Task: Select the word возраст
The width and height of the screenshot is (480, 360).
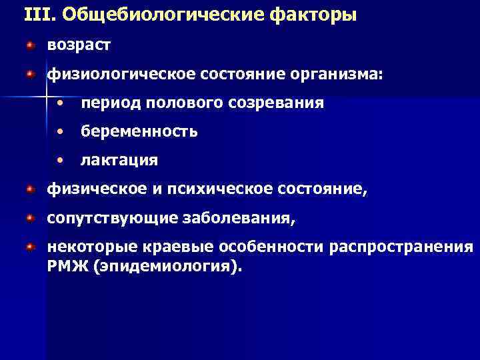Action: coord(79,46)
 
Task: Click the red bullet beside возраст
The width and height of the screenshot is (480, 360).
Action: coord(30,45)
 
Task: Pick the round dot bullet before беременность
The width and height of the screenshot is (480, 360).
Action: coord(61,132)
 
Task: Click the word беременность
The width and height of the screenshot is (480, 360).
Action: coord(139,132)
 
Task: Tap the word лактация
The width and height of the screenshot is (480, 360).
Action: coord(119,161)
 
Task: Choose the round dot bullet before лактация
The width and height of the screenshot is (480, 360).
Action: coord(61,161)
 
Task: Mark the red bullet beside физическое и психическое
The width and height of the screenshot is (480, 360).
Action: coord(30,189)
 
